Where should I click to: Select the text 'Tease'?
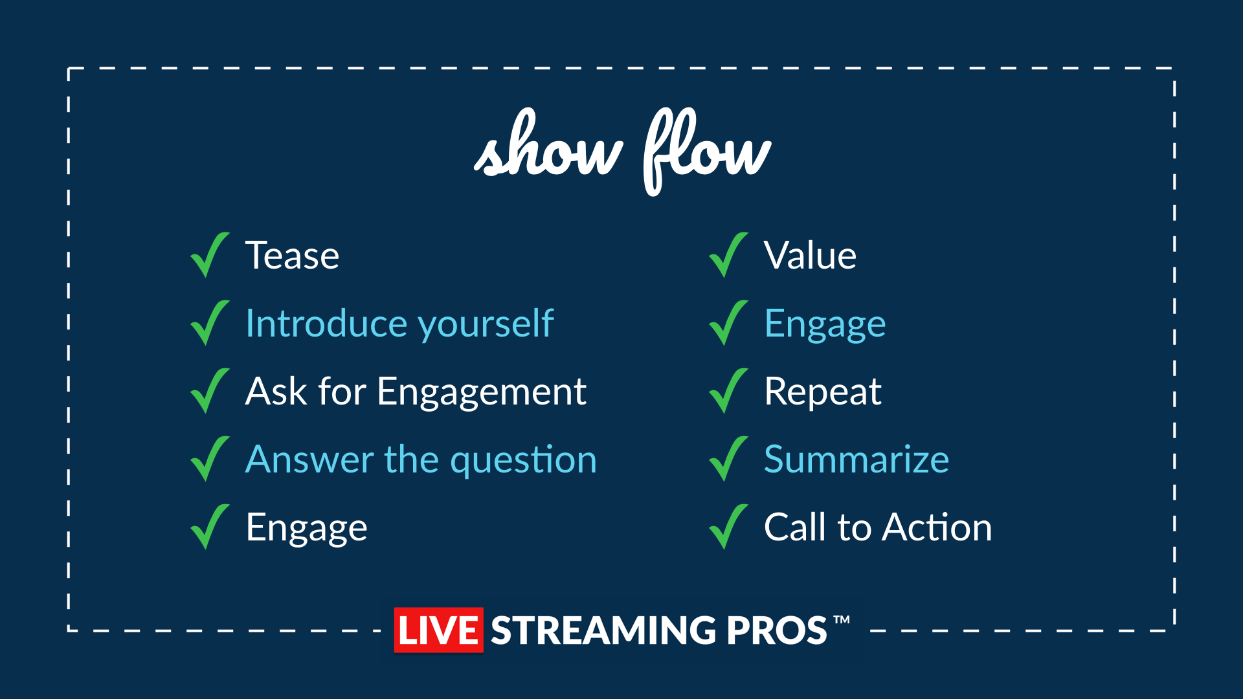coord(293,255)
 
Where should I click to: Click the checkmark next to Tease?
coord(210,255)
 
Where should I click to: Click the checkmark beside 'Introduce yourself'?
coord(210,323)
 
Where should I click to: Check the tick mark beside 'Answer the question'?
coord(210,459)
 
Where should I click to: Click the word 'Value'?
coord(811,255)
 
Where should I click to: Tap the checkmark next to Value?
coord(728,255)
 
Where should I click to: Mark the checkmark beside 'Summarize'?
coord(728,459)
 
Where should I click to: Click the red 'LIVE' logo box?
coord(438,630)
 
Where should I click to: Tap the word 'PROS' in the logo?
coord(776,630)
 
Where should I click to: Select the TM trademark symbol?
coord(842,619)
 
